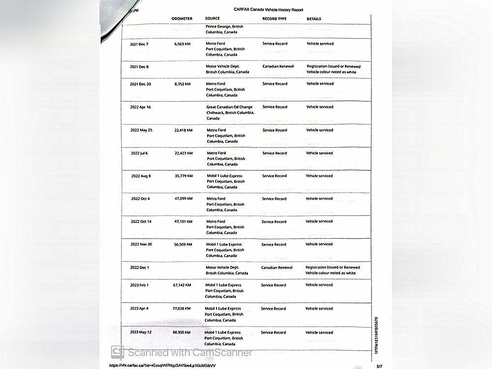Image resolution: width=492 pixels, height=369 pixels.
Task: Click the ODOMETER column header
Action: pos(182,19)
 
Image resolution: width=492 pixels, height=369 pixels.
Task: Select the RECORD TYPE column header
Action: pos(274,19)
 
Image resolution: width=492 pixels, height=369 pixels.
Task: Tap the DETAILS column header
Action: pos(314,19)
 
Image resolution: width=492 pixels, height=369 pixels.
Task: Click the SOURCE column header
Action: pos(213,19)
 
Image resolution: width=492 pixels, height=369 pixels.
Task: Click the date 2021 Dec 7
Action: pos(139,44)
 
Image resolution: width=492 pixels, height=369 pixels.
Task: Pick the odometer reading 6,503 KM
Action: pos(182,44)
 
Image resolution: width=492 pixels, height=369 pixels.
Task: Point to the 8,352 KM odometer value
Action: pos(182,84)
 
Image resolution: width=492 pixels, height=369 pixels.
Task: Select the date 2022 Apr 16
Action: pos(141,107)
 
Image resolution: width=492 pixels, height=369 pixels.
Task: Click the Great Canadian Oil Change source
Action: pos(229,107)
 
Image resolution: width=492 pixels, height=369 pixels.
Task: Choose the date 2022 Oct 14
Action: pos(141,222)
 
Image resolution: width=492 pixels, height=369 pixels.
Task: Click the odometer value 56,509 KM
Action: pos(183,245)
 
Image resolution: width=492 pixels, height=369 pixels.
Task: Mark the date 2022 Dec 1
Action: pos(139,268)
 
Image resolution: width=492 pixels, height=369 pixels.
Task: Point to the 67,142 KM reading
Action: pos(182,285)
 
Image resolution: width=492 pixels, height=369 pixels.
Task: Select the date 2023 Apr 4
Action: pos(139,309)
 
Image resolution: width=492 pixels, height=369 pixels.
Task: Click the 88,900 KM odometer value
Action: pos(182,333)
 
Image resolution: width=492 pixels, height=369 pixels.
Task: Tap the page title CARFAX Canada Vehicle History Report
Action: pos(268,10)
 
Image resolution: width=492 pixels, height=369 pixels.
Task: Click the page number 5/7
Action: pos(379,366)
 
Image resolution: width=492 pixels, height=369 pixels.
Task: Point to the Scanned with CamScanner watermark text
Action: pos(190,353)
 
